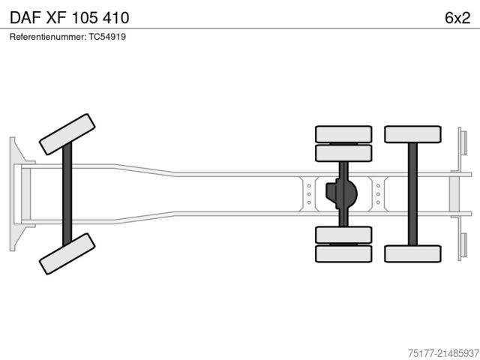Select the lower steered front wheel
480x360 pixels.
66,253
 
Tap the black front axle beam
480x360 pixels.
67,193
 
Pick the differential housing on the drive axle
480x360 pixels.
341,193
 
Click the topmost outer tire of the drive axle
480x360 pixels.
344,134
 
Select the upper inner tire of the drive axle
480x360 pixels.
344,153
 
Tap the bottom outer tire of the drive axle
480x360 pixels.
344,253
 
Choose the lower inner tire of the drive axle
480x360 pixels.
344,234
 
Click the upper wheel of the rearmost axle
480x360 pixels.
412,134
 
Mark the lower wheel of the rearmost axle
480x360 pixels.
412,253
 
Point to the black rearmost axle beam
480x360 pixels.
412,193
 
